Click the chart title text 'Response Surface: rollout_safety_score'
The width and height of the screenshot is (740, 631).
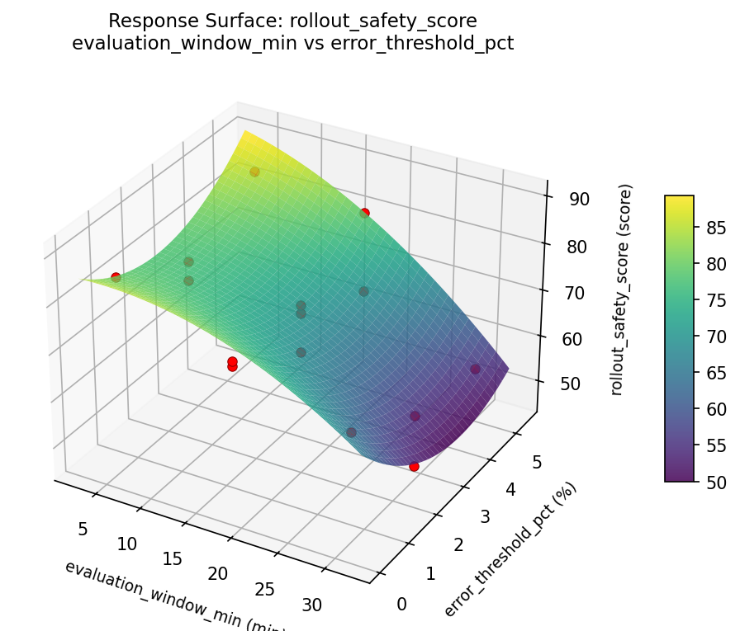pos(292,21)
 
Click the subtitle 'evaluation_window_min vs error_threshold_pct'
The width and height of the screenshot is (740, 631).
pos(292,44)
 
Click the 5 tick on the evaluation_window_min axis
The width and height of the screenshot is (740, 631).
pos(83,529)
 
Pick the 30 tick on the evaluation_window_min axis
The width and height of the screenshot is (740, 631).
pos(311,605)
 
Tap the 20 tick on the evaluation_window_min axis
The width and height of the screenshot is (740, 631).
pos(217,574)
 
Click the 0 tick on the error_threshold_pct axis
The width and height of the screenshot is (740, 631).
pos(402,605)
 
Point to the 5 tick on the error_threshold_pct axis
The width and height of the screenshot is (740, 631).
pos(536,464)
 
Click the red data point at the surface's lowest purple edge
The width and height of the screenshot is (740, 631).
pos(414,466)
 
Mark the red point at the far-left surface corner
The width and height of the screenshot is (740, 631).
pos(116,277)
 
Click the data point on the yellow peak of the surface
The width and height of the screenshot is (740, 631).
pos(254,172)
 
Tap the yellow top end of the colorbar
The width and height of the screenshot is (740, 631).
pos(679,199)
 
